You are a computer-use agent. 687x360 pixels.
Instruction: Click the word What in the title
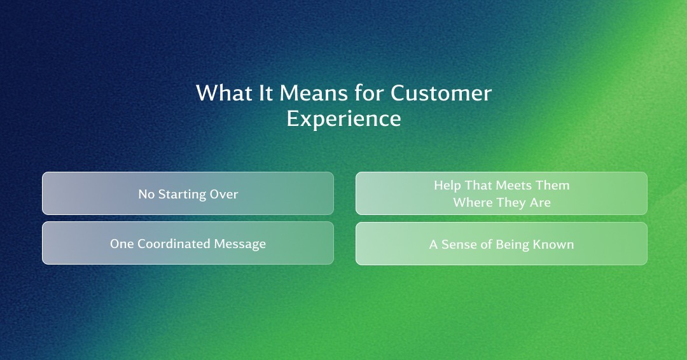[224, 93]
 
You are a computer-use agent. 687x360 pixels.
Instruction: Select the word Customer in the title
[441, 93]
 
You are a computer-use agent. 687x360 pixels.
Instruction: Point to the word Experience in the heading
[344, 118]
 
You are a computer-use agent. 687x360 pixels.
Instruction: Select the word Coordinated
[174, 244]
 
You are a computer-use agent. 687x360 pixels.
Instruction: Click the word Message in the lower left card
[240, 244]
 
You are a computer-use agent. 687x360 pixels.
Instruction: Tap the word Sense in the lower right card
[459, 244]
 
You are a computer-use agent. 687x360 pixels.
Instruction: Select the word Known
[553, 244]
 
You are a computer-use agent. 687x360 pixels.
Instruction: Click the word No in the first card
[146, 194]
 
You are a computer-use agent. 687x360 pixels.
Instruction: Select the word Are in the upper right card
[540, 202]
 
